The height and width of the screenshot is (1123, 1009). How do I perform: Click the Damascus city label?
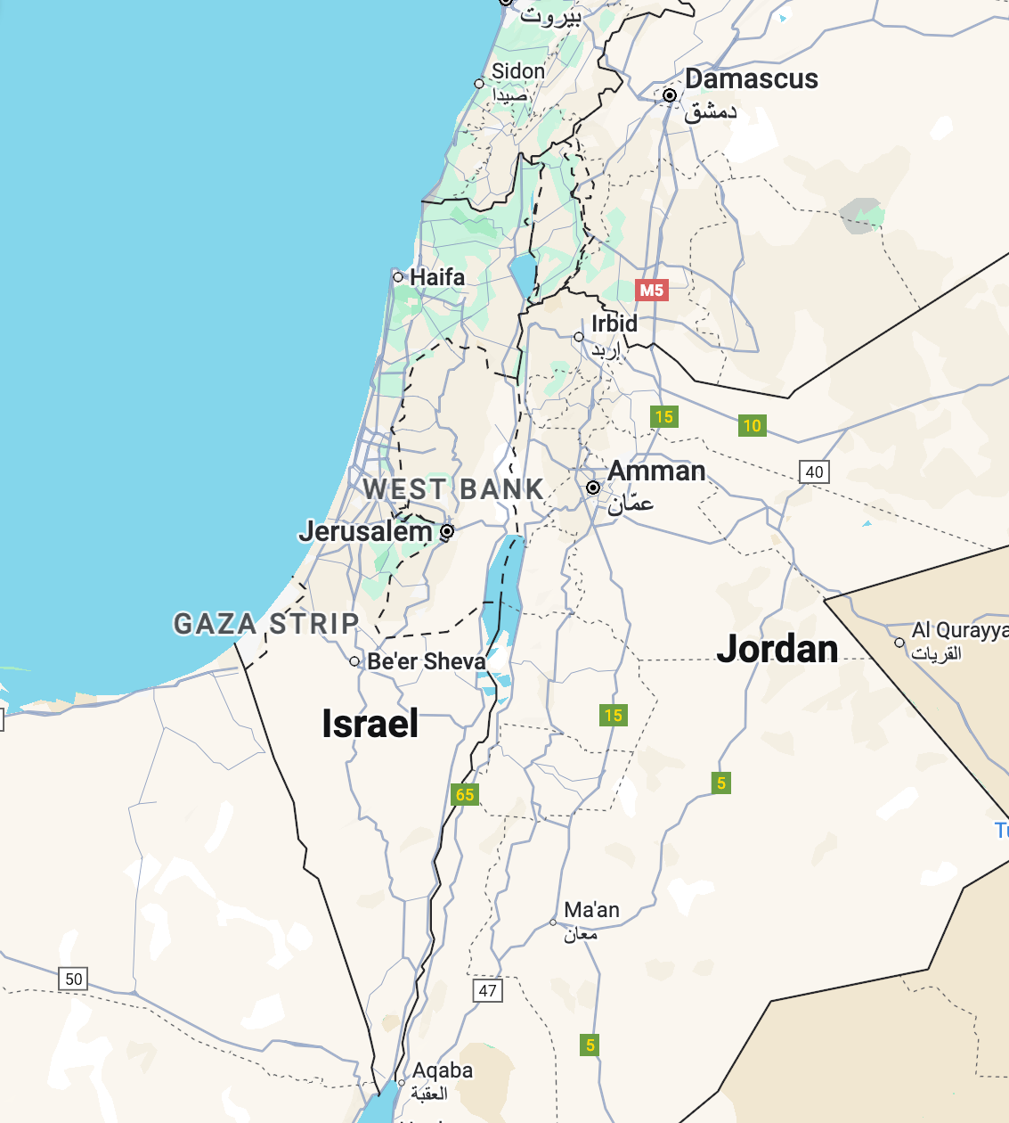click(751, 78)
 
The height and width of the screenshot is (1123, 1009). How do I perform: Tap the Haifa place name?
click(436, 277)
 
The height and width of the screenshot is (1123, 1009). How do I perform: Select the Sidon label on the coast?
click(517, 71)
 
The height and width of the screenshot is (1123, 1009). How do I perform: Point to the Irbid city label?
click(614, 324)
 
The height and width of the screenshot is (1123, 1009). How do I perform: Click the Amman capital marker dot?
click(593, 488)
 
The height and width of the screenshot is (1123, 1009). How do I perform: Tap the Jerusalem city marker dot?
click(447, 531)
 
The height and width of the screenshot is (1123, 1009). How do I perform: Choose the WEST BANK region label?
click(453, 489)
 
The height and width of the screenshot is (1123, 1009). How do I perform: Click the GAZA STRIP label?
click(266, 624)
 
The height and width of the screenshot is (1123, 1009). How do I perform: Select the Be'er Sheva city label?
click(427, 661)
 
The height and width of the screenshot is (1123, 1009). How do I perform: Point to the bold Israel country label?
click(370, 724)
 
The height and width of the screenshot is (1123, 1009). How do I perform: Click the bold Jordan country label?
click(777, 649)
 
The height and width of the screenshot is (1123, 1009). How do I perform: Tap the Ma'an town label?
click(591, 910)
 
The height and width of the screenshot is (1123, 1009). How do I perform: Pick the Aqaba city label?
click(443, 1070)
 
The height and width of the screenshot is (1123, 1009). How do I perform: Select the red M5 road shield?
click(651, 290)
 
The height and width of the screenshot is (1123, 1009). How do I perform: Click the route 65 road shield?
click(465, 795)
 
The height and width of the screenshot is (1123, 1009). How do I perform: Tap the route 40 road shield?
click(814, 472)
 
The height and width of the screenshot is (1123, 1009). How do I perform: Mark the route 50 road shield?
click(74, 979)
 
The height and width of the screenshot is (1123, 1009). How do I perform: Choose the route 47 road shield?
click(487, 990)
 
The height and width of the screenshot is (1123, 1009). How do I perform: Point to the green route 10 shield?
click(753, 426)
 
